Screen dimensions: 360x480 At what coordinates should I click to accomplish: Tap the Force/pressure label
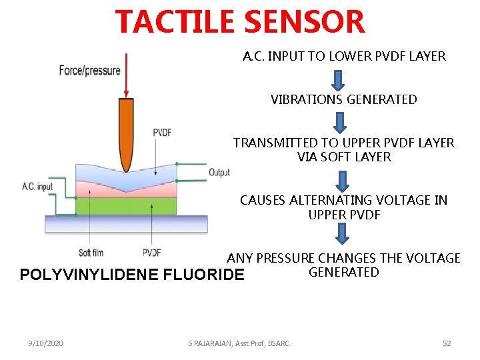click(89, 70)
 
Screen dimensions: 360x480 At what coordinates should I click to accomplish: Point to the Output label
click(219, 172)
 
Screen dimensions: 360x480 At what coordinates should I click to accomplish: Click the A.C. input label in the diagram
click(37, 187)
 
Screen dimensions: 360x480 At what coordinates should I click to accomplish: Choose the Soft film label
click(91, 253)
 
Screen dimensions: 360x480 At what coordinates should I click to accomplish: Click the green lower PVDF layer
click(126, 206)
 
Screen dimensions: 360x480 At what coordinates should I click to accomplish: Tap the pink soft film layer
click(126, 190)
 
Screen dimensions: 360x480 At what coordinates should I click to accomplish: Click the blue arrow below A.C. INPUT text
click(338, 79)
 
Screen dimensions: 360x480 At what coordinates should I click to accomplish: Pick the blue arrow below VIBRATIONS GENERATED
click(340, 122)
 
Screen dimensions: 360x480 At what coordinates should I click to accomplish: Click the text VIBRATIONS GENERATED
click(343, 100)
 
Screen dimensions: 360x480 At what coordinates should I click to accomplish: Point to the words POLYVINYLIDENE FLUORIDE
click(133, 275)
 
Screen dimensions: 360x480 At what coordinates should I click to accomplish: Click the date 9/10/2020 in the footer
click(46, 343)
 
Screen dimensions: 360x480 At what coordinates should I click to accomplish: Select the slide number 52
click(447, 343)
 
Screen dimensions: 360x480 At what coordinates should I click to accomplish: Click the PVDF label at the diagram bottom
click(151, 253)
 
